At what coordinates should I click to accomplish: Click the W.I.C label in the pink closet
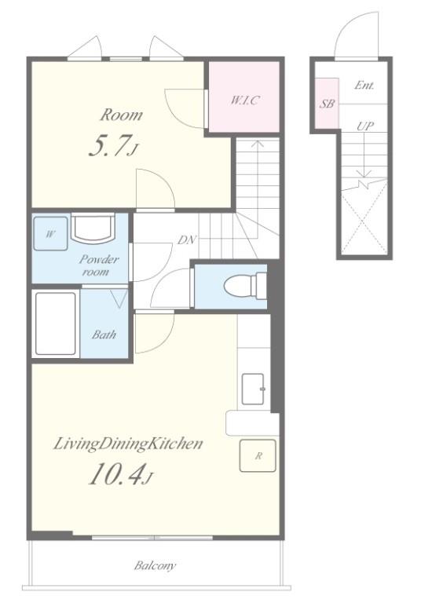[245, 100]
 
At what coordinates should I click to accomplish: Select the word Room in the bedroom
[121, 115]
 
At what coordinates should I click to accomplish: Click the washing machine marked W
[50, 234]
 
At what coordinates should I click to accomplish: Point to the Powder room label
[98, 265]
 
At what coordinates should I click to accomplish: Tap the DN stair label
[187, 240]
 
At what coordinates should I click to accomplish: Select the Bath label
[104, 334]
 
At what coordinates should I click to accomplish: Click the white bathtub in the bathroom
[56, 323]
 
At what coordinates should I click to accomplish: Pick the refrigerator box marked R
[258, 455]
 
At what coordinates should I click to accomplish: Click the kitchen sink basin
[253, 389]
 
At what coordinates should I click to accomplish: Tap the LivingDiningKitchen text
[128, 444]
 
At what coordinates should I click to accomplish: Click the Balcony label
[155, 565]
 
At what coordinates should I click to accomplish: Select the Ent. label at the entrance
[364, 85]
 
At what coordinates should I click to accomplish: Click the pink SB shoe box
[327, 103]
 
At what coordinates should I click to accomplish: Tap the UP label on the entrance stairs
[364, 126]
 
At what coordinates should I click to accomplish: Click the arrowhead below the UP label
[364, 173]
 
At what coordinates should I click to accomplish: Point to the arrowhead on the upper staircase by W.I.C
[258, 144]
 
